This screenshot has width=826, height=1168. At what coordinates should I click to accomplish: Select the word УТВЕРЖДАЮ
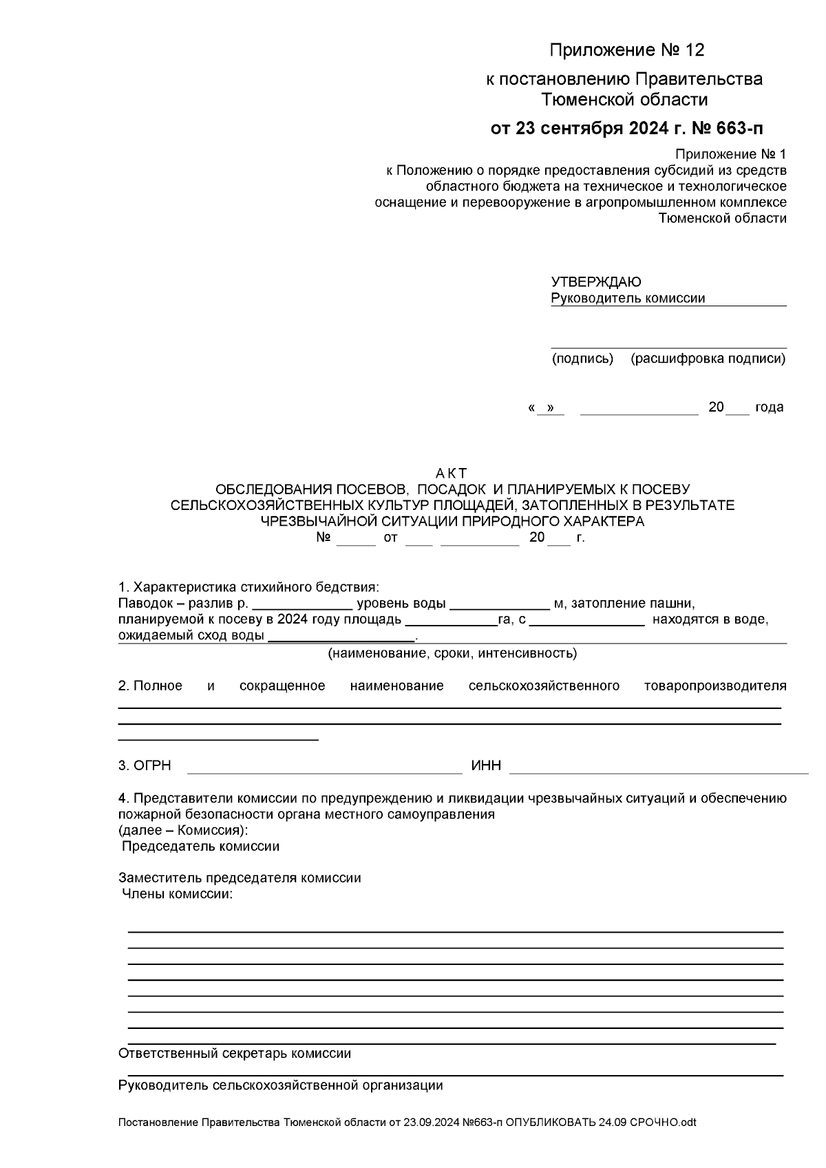[x=596, y=282]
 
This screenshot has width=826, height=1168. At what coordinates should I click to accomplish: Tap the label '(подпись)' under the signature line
[x=582, y=359]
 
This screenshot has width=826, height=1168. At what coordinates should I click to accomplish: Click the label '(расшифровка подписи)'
[x=708, y=359]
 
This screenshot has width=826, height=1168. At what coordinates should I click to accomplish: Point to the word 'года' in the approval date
[x=769, y=407]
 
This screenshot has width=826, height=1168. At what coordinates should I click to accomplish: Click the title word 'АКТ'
[x=452, y=474]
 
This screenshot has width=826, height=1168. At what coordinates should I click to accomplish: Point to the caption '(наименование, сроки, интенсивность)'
[x=452, y=653]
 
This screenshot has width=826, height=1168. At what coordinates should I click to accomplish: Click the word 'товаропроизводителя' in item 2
[x=714, y=686]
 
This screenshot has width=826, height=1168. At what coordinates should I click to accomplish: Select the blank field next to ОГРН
[x=324, y=766]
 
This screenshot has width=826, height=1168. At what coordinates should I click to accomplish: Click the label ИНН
[x=486, y=766]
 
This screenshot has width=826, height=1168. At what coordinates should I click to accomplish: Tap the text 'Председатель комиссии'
[x=200, y=847]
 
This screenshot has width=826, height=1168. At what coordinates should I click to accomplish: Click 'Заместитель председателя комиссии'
[x=240, y=878]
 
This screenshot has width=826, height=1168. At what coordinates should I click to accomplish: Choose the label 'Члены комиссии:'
[x=178, y=895]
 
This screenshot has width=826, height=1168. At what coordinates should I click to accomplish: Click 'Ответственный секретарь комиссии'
[x=235, y=1054]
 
